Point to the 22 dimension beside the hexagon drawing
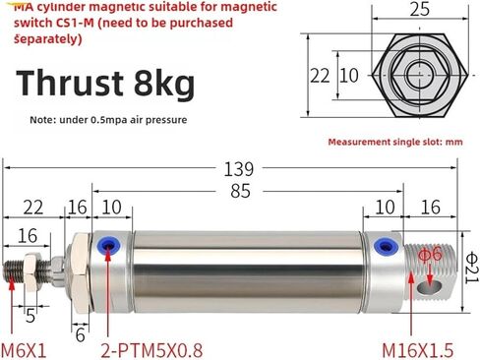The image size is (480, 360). point(320,76)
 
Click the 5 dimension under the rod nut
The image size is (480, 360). point(31,317)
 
